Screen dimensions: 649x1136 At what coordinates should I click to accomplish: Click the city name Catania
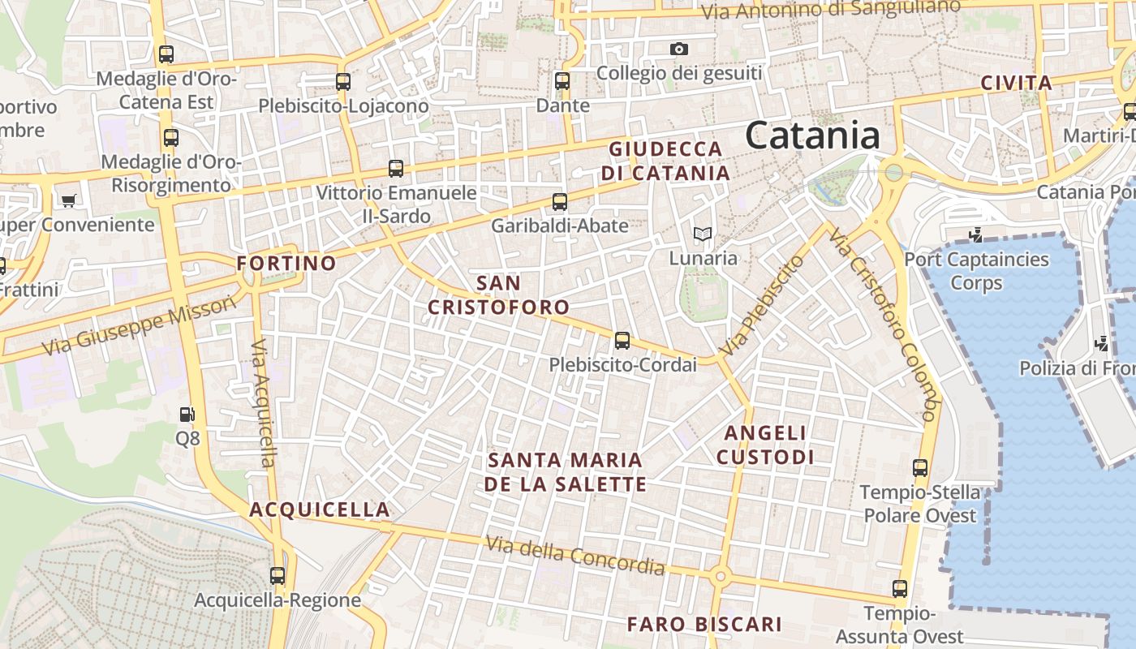[x=812, y=135]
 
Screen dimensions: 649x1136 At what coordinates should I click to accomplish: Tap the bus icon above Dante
[x=562, y=81]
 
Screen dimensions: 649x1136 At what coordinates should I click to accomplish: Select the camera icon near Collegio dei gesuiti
[x=679, y=49]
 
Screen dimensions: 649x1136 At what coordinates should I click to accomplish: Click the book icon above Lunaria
[x=703, y=234]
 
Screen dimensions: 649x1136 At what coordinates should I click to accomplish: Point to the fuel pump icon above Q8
[x=187, y=415]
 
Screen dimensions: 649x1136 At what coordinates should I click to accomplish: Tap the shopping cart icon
[x=68, y=200]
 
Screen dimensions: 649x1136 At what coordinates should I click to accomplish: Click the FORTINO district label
[x=286, y=263]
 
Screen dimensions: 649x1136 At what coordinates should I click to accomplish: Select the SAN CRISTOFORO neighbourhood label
[x=498, y=295]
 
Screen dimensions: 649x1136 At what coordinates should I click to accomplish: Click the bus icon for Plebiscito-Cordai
[x=622, y=341]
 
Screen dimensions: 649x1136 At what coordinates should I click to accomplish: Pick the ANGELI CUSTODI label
[x=765, y=445]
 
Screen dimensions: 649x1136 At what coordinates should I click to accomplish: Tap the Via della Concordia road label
[x=574, y=555]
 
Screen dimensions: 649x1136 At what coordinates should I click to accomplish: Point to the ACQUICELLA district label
[x=320, y=509]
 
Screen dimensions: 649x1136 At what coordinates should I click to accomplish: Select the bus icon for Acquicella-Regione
[x=278, y=576]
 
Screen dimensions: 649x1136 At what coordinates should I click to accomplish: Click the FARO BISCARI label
[x=704, y=624]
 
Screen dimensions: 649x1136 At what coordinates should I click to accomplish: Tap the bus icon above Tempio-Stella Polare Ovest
[x=919, y=468]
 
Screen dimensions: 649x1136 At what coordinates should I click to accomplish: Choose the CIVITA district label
[x=1016, y=83]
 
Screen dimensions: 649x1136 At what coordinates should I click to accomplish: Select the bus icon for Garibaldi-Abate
[x=559, y=202]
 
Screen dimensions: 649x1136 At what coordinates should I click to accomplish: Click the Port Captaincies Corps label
[x=976, y=271]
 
